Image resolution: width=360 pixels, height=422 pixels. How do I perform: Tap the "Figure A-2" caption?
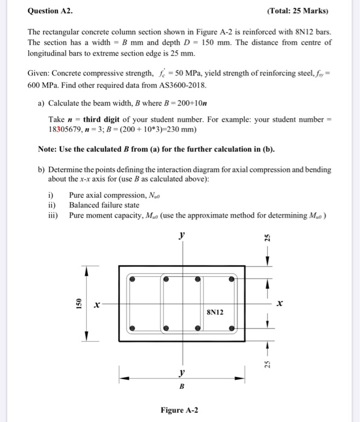click(x=180, y=411)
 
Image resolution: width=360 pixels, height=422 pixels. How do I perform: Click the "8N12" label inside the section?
click(x=215, y=312)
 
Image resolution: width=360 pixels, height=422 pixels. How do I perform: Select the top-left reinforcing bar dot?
click(x=133, y=280)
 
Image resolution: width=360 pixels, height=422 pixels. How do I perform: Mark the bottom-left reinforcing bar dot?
click(x=133, y=329)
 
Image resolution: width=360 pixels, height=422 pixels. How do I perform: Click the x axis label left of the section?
click(x=96, y=306)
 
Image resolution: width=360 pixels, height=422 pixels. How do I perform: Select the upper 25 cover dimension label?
click(x=268, y=239)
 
